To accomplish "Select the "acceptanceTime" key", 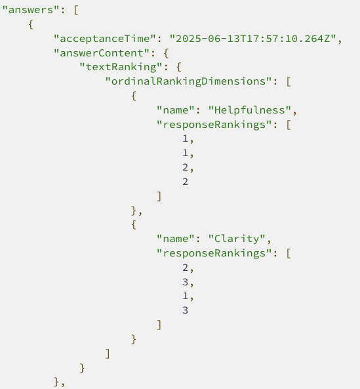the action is (x=105, y=39).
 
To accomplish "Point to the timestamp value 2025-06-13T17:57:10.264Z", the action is (x=253, y=39).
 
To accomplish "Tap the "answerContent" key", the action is (x=102, y=53).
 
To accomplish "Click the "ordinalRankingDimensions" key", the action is (x=189, y=81).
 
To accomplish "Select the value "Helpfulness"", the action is (x=250, y=110).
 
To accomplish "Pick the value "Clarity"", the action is (x=237, y=239).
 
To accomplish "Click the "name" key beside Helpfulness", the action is (x=176, y=110).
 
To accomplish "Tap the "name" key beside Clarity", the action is (x=176, y=239).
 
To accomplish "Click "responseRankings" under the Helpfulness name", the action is (x=214, y=125).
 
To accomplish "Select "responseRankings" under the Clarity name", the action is (x=214, y=253).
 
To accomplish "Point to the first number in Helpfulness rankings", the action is (x=185, y=138).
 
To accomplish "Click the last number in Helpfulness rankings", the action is (x=185, y=182).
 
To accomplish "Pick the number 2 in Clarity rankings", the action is (x=185, y=268).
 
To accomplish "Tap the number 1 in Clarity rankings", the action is (x=185, y=296).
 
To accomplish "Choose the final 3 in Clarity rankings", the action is (x=185, y=310).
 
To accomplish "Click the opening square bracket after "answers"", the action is (x=76, y=10).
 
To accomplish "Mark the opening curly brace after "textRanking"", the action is (x=179, y=67).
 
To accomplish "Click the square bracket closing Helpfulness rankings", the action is (x=159, y=196).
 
